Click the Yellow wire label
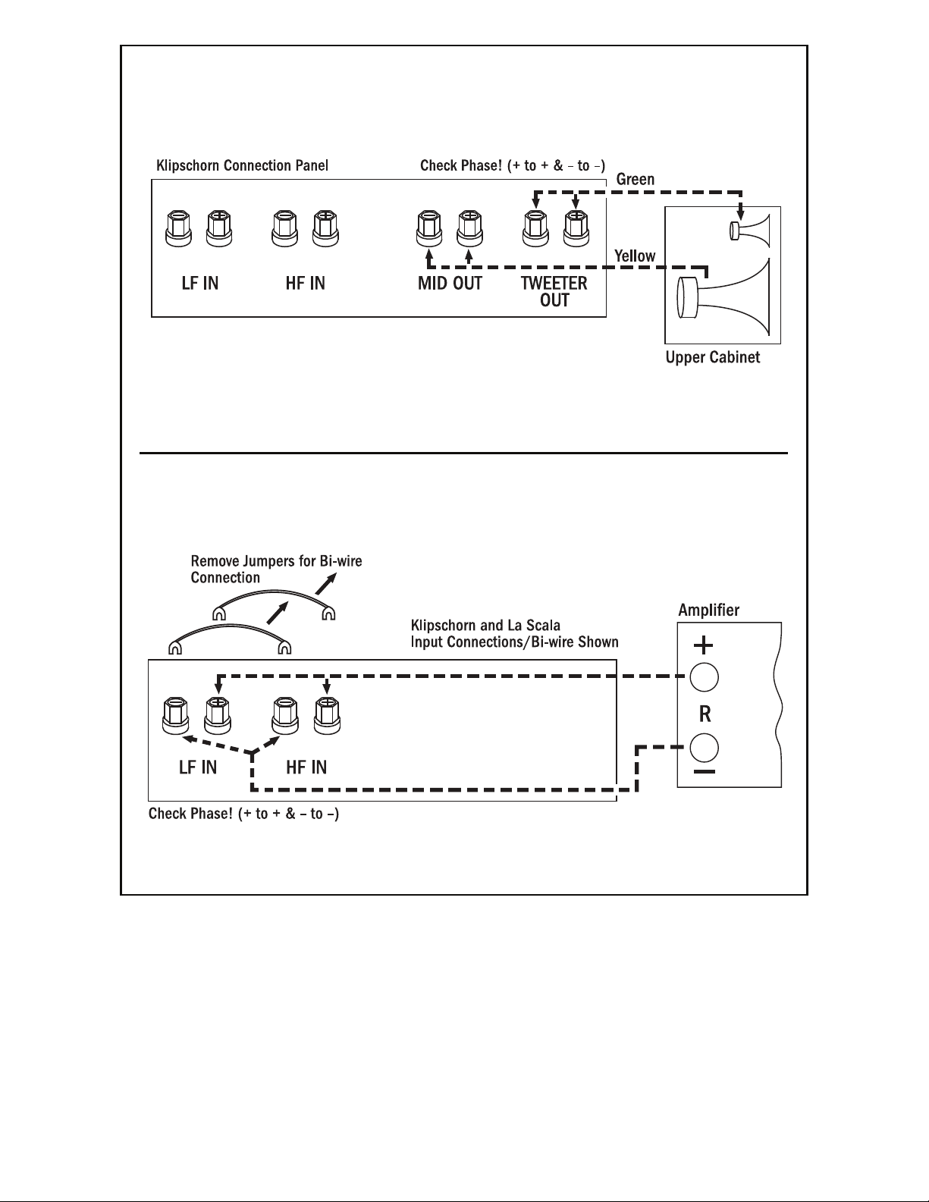pyautogui.click(x=635, y=256)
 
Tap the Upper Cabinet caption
pyautogui.click(x=712, y=357)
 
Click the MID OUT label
pyautogui.click(x=449, y=284)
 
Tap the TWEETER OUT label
pyautogui.click(x=554, y=291)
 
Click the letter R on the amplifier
pyautogui.click(x=704, y=714)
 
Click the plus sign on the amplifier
pyautogui.click(x=704, y=646)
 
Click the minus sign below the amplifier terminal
pyautogui.click(x=704, y=773)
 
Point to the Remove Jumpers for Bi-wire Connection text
pyautogui.click(x=276, y=570)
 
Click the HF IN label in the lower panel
pyautogui.click(x=306, y=767)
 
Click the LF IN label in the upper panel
pyautogui.click(x=200, y=284)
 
